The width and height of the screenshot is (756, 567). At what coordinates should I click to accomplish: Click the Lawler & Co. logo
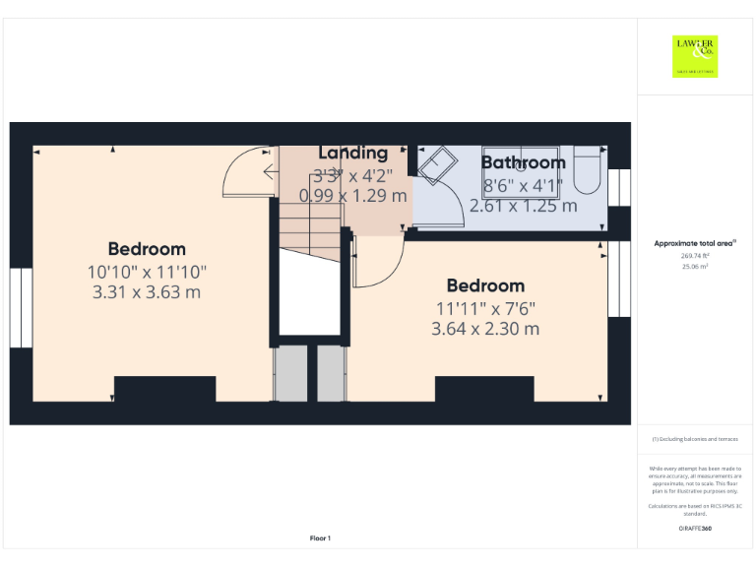click(695, 56)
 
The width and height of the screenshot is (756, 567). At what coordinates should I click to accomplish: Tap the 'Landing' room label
click(352, 153)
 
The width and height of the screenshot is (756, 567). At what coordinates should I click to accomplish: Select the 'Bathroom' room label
click(523, 162)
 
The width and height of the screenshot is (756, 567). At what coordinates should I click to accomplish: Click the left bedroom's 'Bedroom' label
click(147, 249)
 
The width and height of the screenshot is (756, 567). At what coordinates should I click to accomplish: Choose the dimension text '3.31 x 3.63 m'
click(147, 291)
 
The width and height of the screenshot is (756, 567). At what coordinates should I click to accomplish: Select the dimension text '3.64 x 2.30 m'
click(485, 329)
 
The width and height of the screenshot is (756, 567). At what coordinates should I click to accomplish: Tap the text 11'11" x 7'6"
click(485, 307)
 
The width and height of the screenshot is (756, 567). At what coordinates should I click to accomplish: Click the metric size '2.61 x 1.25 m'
click(523, 206)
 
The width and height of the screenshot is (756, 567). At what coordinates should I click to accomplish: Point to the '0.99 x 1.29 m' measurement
click(352, 196)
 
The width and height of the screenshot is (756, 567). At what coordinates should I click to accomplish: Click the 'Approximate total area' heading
click(695, 243)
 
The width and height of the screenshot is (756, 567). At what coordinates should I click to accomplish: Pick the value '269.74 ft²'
click(695, 255)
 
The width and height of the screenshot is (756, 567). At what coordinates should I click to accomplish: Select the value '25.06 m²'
click(695, 265)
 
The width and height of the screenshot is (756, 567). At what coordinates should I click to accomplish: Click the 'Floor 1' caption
click(320, 537)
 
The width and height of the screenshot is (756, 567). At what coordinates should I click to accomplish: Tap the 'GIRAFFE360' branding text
click(695, 529)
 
